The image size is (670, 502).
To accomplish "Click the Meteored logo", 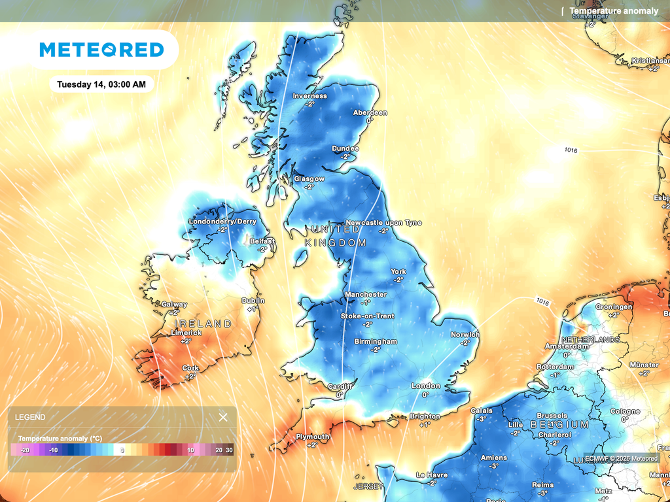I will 101,50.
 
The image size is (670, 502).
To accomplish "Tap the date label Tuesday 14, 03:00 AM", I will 101,84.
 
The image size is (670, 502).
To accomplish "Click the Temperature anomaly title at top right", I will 613,11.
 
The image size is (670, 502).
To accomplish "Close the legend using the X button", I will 223,417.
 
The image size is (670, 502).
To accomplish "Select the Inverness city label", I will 309,96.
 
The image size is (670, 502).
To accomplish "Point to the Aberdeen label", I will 370,112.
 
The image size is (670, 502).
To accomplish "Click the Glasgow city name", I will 309,178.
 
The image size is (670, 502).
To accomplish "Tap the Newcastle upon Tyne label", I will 383,223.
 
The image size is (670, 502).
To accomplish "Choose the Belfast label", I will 262,241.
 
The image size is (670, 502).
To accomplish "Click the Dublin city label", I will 253,301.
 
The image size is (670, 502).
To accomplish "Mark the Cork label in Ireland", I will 190,368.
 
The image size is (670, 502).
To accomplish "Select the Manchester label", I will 365,294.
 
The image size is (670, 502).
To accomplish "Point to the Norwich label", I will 465,335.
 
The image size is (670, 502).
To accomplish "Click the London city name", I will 425,386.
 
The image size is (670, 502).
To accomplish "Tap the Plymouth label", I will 312,437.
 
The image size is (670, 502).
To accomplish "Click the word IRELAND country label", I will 203,324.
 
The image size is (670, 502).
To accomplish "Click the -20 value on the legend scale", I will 25,450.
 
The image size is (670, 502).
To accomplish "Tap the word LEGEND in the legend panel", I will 30,417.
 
